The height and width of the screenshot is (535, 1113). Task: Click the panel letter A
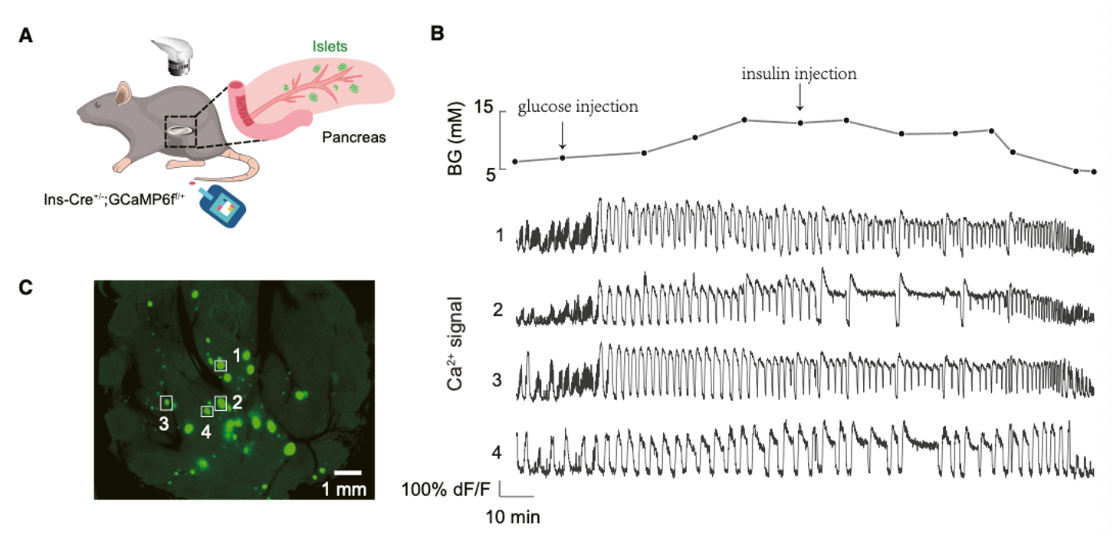pos(25,36)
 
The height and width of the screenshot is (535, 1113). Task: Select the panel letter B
pos(437,33)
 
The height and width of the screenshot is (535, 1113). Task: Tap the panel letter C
pos(26,287)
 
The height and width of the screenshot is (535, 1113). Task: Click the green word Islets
pos(330,46)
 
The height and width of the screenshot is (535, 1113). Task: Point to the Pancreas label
pos(354,137)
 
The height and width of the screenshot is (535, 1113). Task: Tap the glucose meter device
pos(221,206)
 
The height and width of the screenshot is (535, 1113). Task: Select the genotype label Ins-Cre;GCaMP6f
pos(114,199)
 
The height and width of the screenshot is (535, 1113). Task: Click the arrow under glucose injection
pos(562,135)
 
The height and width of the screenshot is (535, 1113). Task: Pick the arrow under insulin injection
pos(799,97)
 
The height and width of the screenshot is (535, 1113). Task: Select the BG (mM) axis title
pos(455,139)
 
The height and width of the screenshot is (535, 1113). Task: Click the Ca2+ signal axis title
pos(455,343)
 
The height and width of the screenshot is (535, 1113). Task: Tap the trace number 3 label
pos(497,380)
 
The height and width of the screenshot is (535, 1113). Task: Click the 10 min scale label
pos(513,517)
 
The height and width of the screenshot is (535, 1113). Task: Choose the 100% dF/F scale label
pos(445,490)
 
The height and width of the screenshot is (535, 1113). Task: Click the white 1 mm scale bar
pos(348,472)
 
